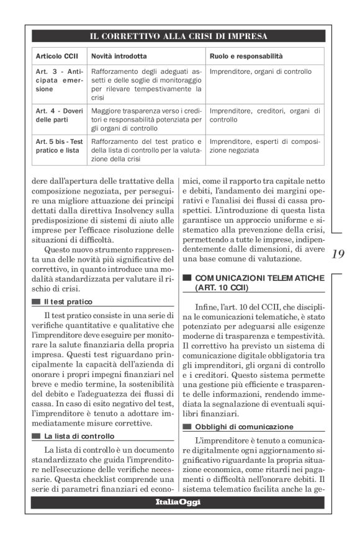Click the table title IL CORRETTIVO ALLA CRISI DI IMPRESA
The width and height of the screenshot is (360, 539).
click(179, 36)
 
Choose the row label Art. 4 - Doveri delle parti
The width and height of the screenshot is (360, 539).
click(58, 115)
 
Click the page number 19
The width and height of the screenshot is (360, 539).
click(338, 254)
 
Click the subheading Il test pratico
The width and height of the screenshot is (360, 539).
click(68, 302)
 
